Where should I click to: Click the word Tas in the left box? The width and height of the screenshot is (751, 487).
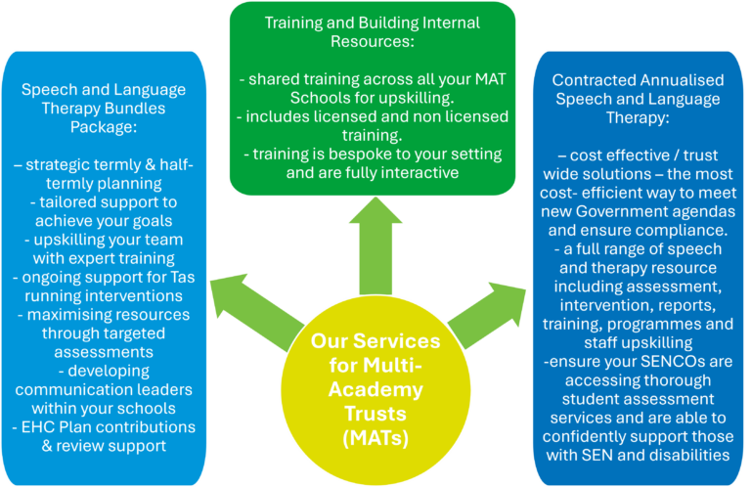(x=181, y=277)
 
